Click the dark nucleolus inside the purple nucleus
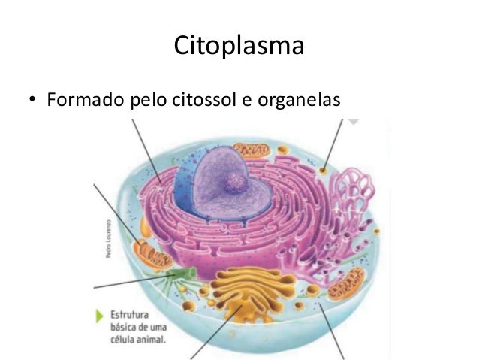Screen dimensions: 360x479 pos(237,181)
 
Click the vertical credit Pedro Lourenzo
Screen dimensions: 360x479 pos(109,238)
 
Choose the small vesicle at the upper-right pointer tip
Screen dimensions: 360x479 pos(323,171)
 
